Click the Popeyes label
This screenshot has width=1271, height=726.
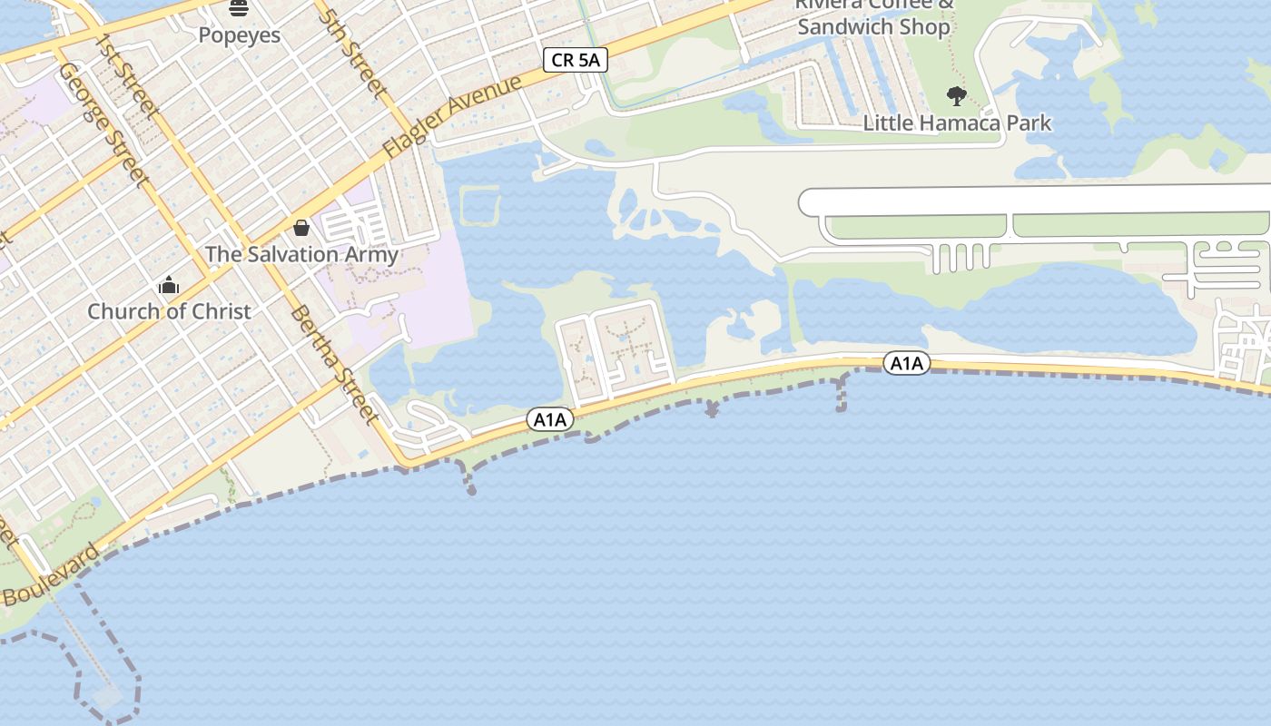pos(240,35)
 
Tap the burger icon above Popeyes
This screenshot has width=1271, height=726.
pos(239,9)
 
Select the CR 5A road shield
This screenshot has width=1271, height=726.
pos(576,61)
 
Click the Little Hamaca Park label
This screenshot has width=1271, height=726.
pos(957,123)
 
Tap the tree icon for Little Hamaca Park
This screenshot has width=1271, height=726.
pos(956,95)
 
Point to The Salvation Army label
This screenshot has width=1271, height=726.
pos(301,254)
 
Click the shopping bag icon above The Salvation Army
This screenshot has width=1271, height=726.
pos(301,227)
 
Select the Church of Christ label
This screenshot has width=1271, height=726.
pos(169,311)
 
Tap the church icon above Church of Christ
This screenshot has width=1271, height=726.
pos(169,286)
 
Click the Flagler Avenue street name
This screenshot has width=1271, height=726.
pos(454,116)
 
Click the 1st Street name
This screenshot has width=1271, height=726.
pos(127,76)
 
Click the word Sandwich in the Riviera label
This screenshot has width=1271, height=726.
pos(847,27)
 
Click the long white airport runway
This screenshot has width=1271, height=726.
pos(1035,201)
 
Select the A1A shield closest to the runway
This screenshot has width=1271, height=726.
pos(906,364)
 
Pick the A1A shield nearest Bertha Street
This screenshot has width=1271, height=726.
pos(550,419)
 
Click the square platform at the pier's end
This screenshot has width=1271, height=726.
pos(107,697)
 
